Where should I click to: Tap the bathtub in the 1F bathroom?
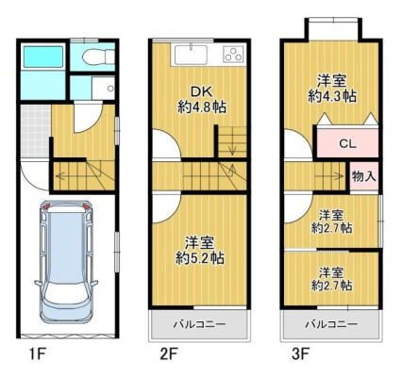43,57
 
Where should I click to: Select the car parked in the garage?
66,261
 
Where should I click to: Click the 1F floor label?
38,354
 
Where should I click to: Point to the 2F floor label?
169,354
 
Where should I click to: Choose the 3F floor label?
300,354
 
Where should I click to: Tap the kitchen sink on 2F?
191,56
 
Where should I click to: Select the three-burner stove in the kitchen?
233,54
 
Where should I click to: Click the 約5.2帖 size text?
200,258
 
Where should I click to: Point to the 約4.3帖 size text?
332,96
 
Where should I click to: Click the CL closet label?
347,144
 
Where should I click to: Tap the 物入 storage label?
364,176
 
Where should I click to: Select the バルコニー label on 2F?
200,324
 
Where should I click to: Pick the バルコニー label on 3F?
332,324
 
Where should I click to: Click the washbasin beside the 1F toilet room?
104,88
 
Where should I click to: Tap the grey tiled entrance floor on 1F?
36,131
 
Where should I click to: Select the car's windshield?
66,295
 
